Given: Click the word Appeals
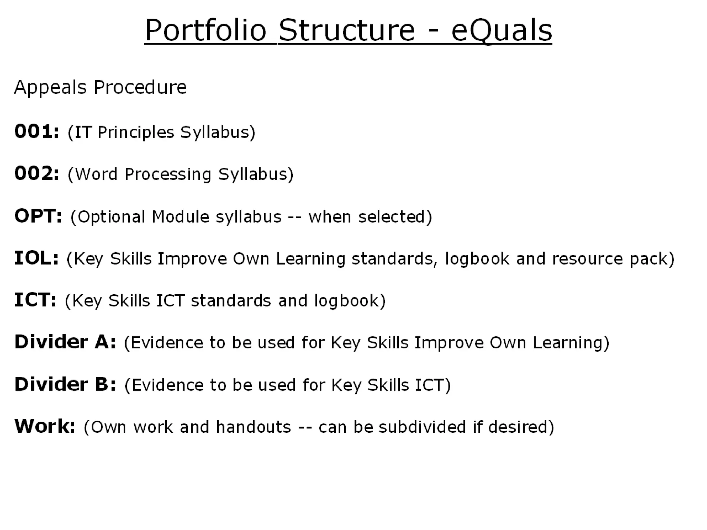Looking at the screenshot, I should click(50, 87).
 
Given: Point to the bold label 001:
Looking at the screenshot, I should click(37, 132).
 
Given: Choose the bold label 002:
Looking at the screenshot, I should click(37, 174).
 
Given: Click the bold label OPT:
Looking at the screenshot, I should click(38, 216).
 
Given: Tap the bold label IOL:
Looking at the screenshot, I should click(36, 258).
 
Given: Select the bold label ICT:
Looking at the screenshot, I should click(35, 300).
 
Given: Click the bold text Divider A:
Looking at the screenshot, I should click(65, 342).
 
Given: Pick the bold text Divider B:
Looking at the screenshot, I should click(65, 384).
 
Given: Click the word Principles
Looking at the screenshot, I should click(136, 132).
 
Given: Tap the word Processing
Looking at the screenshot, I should click(168, 174).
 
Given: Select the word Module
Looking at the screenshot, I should click(181, 217).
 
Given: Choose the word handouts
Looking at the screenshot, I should click(254, 427).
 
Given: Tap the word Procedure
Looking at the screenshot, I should click(140, 87).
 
